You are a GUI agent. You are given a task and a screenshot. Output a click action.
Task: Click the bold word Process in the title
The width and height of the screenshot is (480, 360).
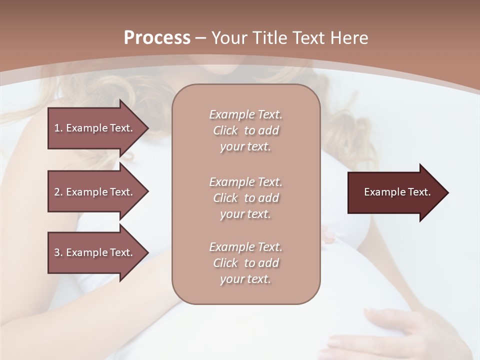157,38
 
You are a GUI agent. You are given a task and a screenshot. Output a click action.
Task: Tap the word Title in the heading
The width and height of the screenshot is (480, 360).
268,38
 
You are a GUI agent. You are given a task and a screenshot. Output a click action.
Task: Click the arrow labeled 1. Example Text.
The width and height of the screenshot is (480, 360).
95,128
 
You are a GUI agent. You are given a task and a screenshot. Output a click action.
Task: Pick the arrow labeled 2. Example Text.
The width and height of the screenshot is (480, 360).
95,192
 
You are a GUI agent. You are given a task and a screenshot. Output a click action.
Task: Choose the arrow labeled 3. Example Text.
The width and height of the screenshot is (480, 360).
95,252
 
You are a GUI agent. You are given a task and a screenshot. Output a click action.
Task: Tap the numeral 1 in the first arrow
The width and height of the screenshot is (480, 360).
57,128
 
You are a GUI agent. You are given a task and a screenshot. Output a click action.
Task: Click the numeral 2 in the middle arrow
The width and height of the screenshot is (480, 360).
57,192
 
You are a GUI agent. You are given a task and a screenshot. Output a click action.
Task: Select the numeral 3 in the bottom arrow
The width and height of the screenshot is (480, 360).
57,252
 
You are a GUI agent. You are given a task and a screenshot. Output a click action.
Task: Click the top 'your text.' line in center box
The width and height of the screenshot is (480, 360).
245,147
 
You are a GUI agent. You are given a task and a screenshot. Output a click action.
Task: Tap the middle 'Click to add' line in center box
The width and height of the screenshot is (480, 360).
245,198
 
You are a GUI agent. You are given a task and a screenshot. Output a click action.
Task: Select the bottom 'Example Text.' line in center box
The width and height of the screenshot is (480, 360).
245,247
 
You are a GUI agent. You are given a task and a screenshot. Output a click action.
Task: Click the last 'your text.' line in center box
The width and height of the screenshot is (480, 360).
245,279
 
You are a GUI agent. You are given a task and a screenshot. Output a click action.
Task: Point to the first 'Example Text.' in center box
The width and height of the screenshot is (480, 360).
245,114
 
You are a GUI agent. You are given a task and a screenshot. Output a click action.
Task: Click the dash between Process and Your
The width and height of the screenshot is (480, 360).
200,38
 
